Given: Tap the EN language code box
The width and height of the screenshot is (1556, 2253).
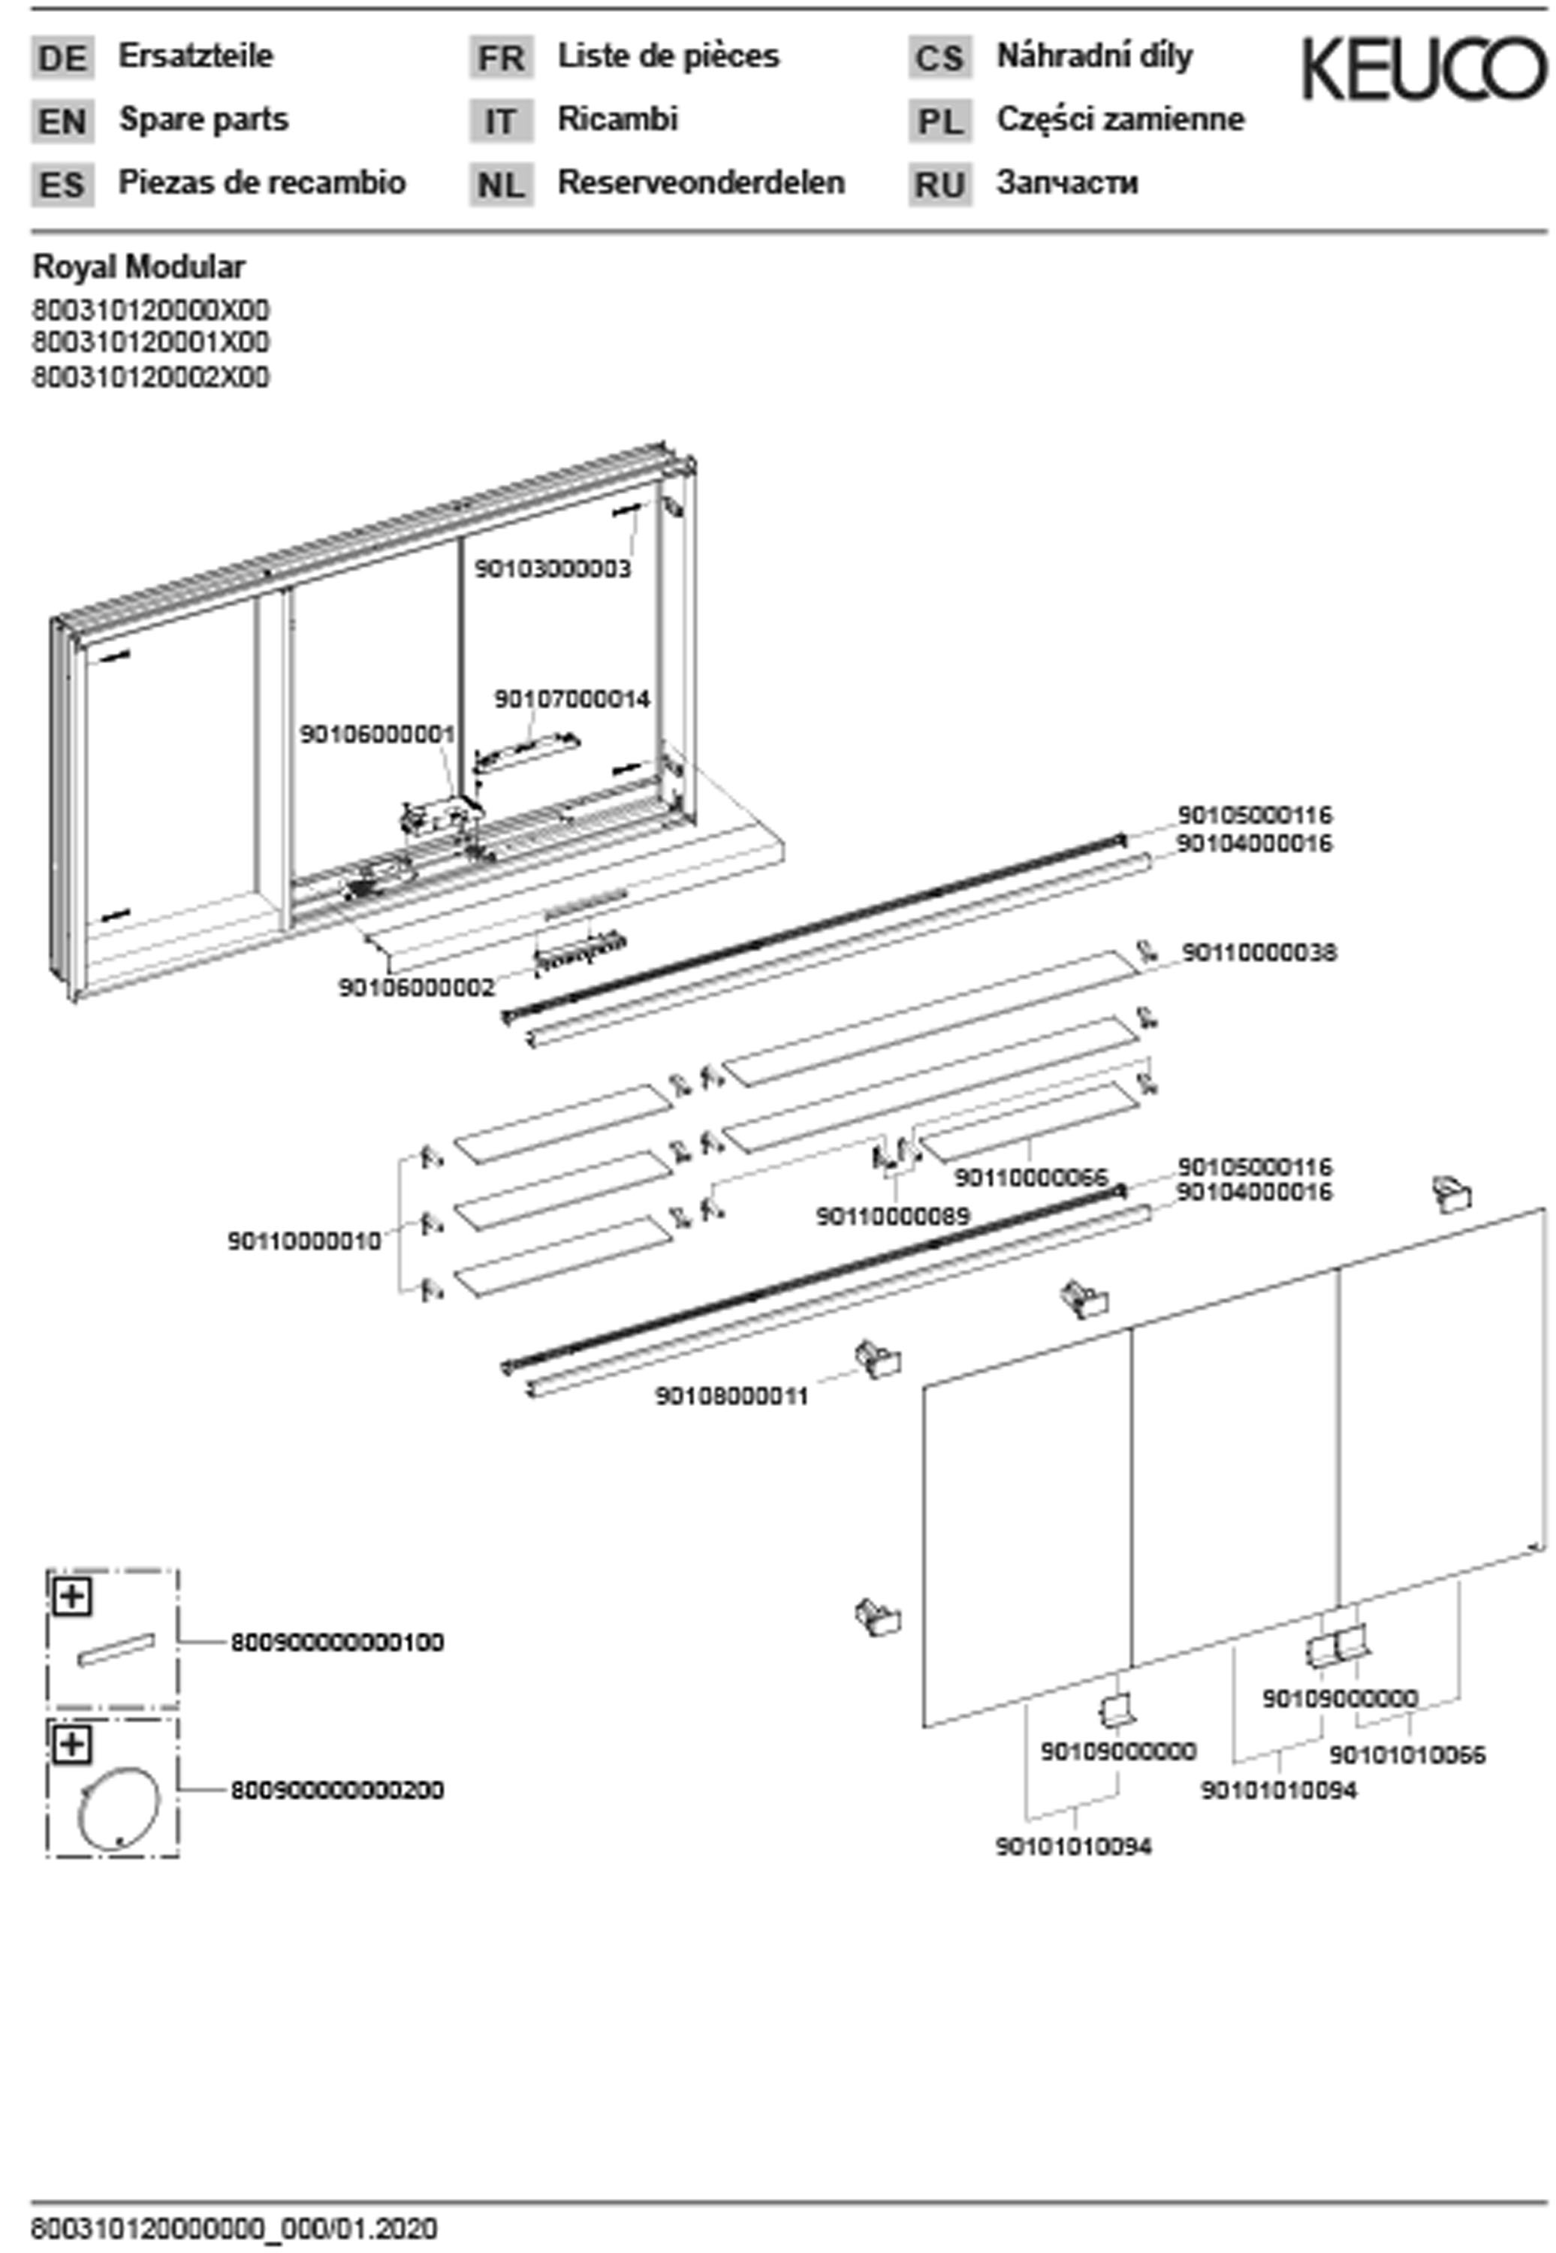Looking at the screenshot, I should click(62, 122).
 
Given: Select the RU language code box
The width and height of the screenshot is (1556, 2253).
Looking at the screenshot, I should click(940, 184).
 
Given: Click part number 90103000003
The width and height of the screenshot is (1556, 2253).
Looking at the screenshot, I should click(553, 569).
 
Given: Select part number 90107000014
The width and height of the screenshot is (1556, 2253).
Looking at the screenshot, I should click(571, 699).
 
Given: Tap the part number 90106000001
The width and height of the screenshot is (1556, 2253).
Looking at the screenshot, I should click(377, 733).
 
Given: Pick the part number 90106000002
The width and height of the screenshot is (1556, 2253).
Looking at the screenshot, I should click(416, 988).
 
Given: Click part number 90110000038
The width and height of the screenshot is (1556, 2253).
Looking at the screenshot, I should click(1259, 952).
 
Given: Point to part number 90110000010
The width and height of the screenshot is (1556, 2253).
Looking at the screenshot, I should click(304, 1241).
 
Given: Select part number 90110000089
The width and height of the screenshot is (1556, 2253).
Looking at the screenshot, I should click(893, 1216).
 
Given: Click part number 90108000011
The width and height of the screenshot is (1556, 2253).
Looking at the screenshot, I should click(731, 1397).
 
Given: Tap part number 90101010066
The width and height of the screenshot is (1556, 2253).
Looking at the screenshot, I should click(1407, 1755).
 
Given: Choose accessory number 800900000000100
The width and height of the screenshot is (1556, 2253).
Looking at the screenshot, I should click(337, 1642).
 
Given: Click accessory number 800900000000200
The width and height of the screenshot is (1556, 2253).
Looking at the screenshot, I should click(337, 1790).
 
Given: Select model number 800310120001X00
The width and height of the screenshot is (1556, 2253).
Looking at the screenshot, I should click(151, 342).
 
